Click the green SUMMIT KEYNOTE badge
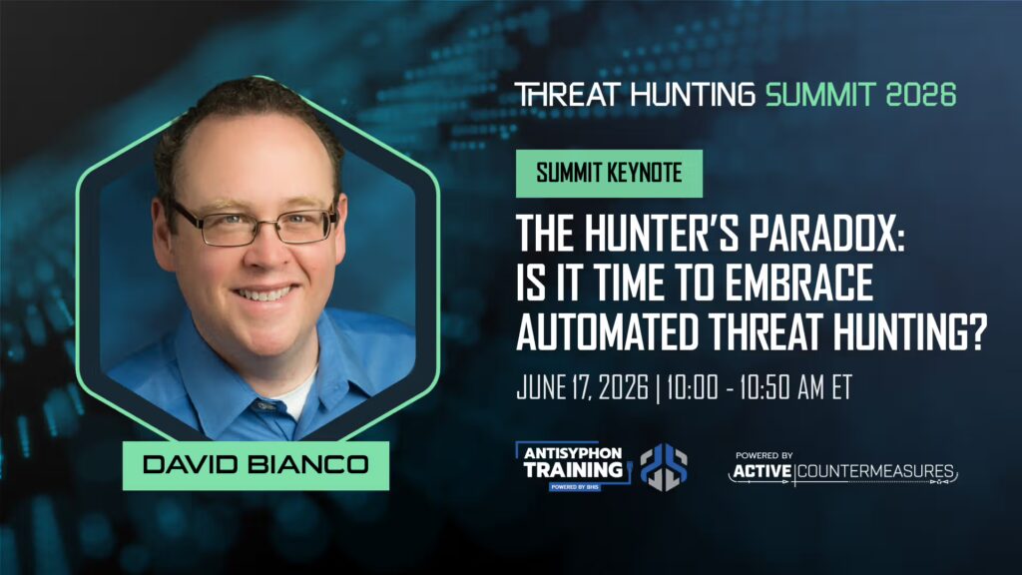click(x=609, y=173)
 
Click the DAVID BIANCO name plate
click(x=255, y=465)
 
